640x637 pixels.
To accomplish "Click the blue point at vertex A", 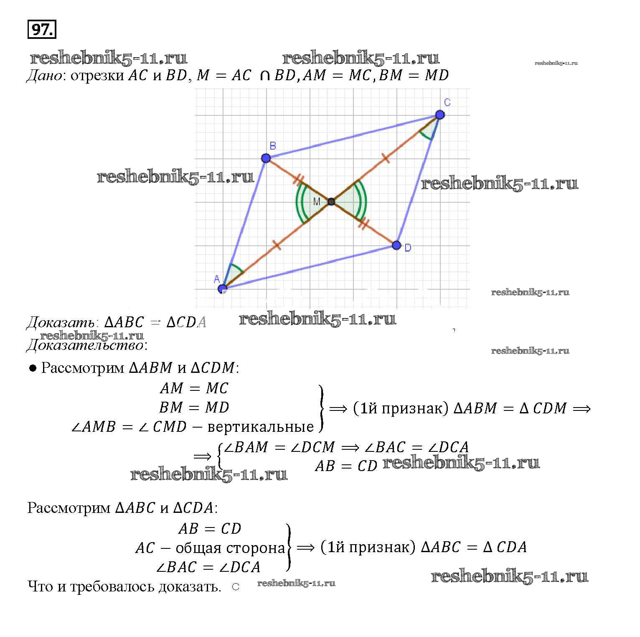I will tap(222, 288).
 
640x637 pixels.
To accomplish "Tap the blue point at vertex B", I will tap(266, 158).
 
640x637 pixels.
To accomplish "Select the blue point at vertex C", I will tap(439, 115).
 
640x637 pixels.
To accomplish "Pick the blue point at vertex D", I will tap(396, 245).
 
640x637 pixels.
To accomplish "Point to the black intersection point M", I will tap(331, 202).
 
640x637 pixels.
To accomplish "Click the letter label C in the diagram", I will tap(447, 102).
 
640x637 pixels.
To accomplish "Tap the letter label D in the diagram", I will tap(408, 248).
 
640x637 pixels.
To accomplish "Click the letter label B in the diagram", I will tap(272, 146).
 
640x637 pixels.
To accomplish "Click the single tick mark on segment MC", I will tap(386, 158).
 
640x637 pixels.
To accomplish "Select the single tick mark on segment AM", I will tap(276, 245).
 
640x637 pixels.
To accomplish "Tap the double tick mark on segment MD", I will tap(364, 224).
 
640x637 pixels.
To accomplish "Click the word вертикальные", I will tap(260, 427).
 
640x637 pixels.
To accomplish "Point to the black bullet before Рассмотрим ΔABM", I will tap(33, 368).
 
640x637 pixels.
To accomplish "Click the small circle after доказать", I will tap(235, 586).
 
